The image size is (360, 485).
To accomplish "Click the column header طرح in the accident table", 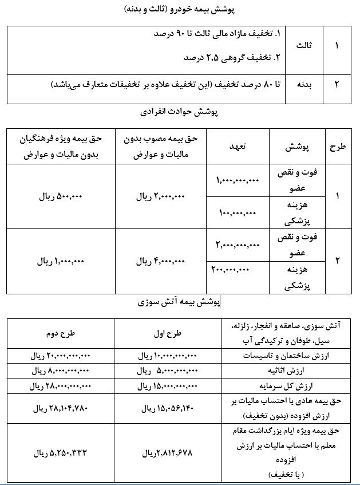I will coord(337,147).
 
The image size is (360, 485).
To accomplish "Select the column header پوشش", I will coord(297,147).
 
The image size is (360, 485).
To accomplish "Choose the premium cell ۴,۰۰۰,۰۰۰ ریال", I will coord(161,261).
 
